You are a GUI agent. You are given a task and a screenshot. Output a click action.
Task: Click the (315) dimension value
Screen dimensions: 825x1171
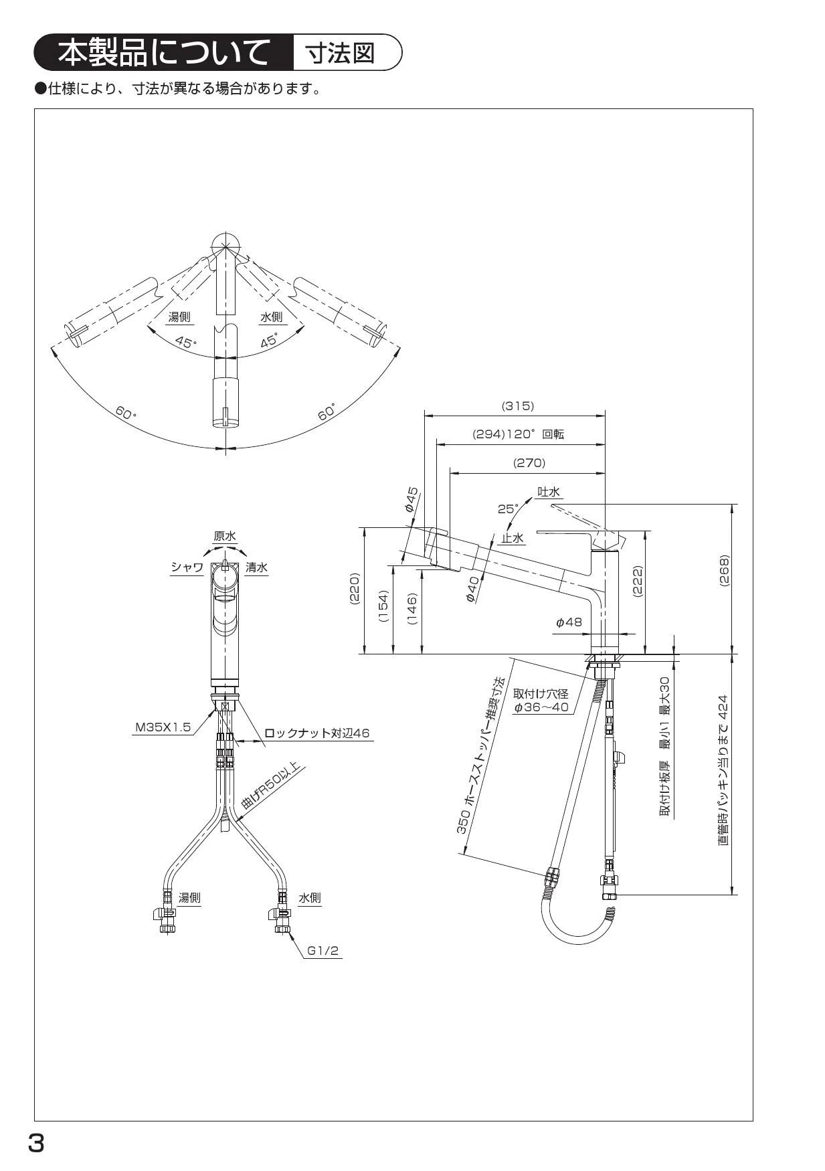517,406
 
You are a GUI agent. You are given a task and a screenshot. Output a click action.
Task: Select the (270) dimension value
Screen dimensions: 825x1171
529,462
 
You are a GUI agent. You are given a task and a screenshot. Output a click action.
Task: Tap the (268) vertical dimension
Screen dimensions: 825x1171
724,571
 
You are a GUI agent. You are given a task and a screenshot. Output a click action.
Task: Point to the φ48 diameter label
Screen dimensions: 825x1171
569,622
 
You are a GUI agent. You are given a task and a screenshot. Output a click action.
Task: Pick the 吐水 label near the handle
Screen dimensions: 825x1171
549,492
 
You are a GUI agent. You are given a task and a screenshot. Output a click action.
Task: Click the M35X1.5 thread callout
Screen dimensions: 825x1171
163,727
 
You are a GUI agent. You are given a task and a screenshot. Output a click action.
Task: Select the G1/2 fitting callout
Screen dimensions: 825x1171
323,950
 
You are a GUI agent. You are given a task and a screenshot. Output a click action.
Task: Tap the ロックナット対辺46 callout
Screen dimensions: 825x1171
316,733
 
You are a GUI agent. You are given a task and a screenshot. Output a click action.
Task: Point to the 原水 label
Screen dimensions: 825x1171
225,536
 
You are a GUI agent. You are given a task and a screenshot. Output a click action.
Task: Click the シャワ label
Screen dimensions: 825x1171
187,567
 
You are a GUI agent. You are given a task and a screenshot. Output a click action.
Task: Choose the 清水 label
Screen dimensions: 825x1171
256,567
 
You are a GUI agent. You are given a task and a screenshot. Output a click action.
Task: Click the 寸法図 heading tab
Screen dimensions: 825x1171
340,53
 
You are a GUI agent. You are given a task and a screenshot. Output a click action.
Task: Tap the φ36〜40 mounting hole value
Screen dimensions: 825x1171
541,707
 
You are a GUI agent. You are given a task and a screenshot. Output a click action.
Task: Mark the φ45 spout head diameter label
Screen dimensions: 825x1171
411,499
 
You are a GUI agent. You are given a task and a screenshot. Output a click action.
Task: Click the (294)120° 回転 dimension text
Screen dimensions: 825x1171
519,434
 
